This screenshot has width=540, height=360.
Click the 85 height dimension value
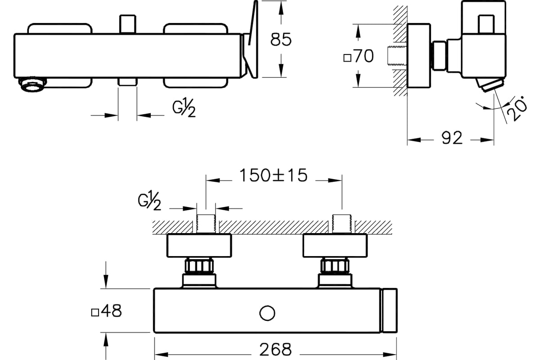[281, 39]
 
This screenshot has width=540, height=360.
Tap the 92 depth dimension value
[452, 138]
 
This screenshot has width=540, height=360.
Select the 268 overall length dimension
[275, 349]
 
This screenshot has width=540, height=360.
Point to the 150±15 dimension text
[274, 175]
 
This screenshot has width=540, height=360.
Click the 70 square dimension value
[364, 56]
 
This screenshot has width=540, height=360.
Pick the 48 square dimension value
[112, 311]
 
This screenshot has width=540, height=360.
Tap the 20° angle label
[517, 108]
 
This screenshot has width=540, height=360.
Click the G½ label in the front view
[184, 108]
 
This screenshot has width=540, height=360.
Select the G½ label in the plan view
[149, 201]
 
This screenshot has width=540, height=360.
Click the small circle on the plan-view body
[267, 313]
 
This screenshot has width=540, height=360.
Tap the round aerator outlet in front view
[32, 84]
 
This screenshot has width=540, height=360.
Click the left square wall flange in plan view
[199, 245]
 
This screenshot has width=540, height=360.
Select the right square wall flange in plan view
[335, 245]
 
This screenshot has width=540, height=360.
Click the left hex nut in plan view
[199, 266]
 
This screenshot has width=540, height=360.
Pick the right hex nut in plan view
[335, 266]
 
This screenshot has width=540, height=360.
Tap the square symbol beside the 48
[95, 312]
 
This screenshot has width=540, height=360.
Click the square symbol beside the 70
[347, 58]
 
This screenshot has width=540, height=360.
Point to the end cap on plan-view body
[389, 310]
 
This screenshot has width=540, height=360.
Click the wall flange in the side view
[419, 56]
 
